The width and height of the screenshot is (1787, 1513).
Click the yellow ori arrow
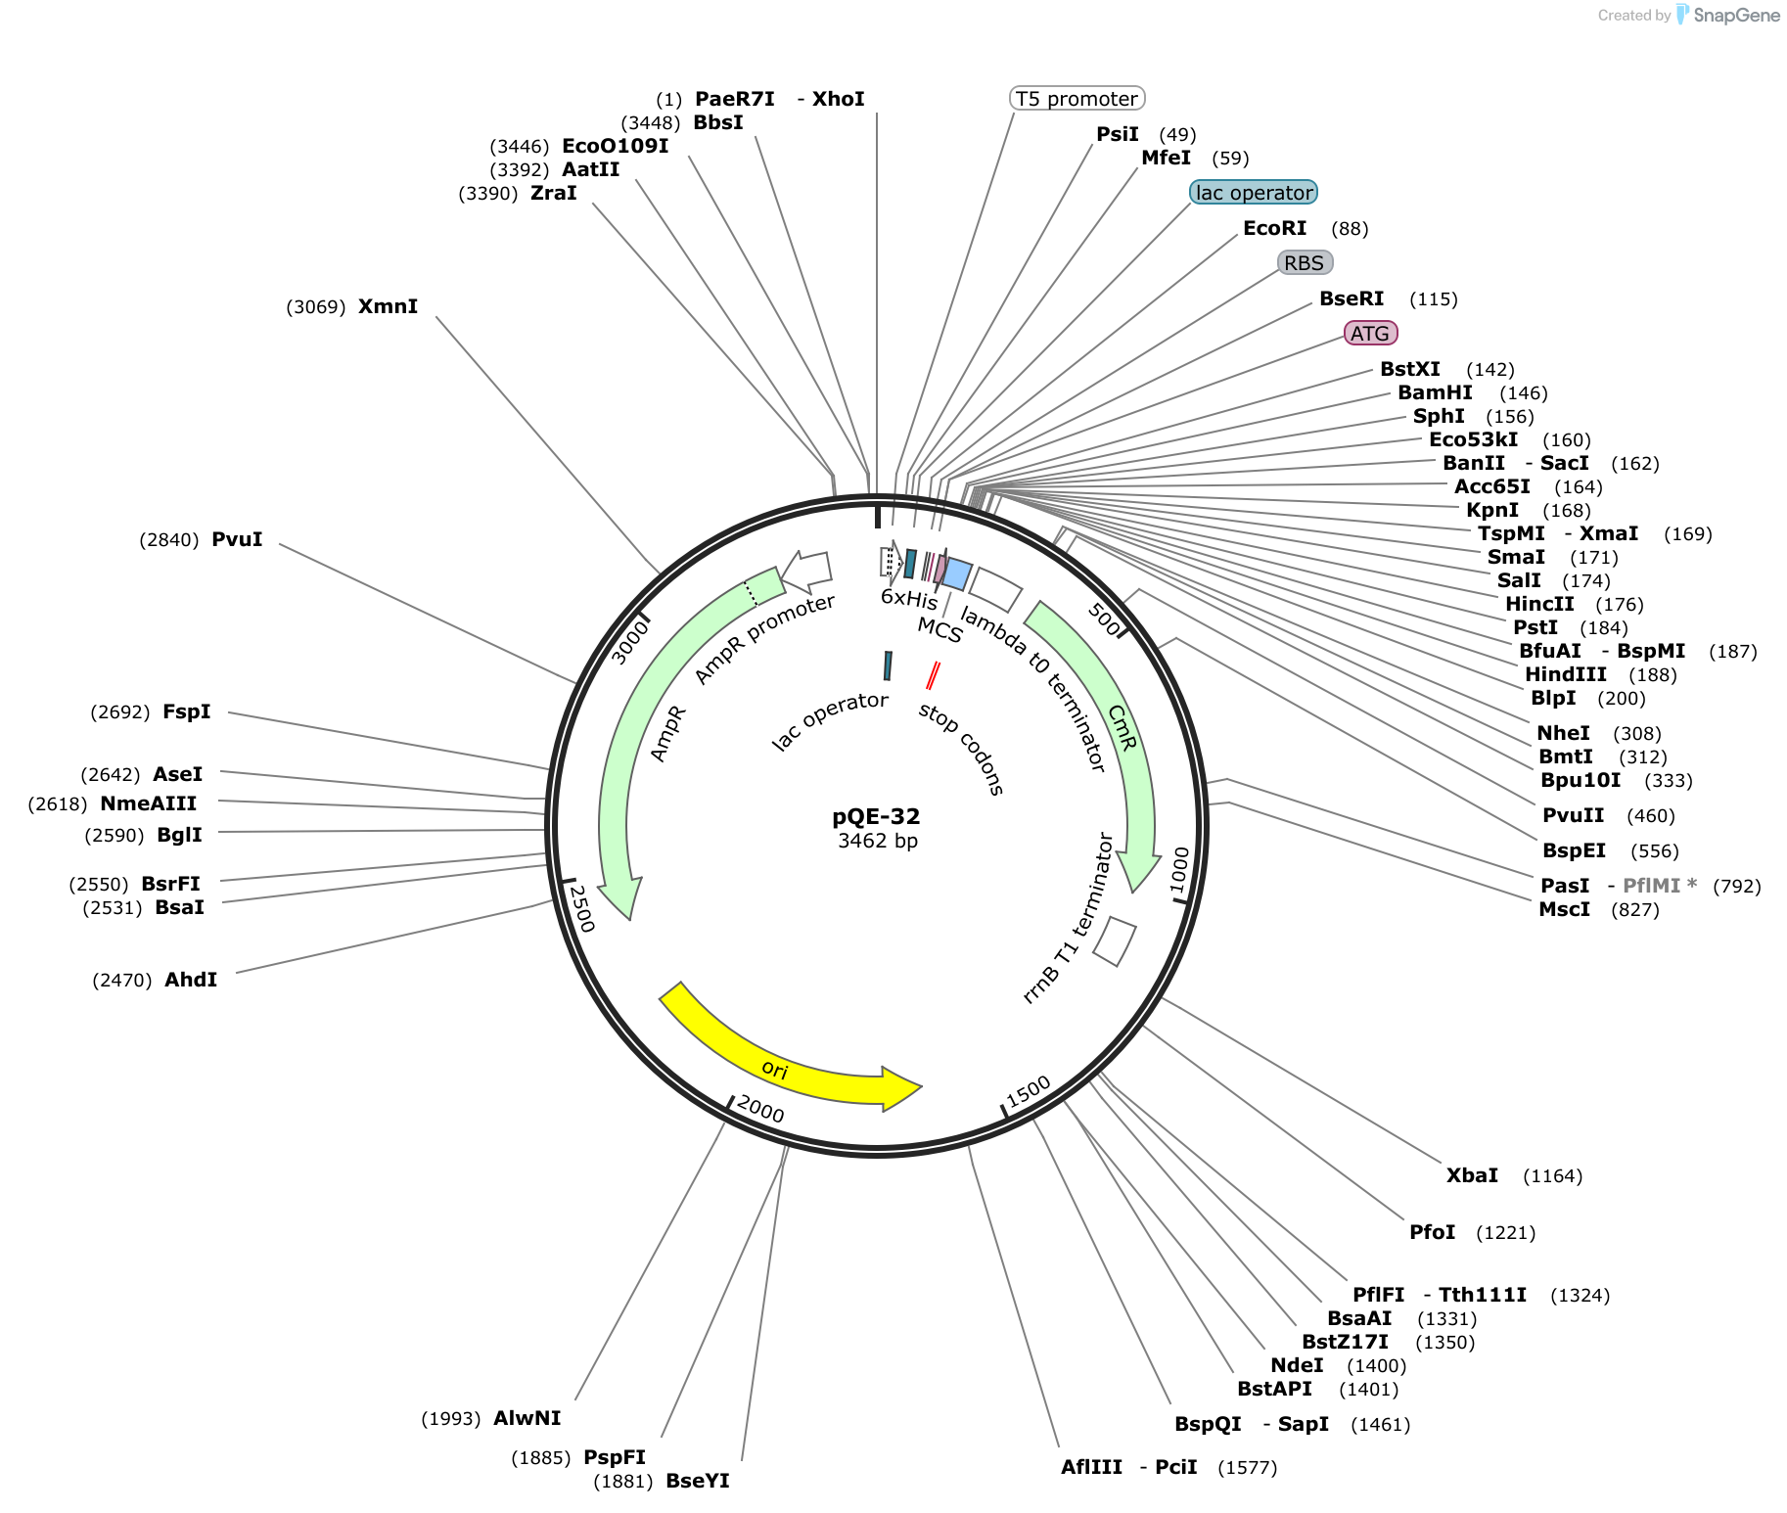[783, 1067]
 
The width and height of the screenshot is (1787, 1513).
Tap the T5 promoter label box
[1077, 99]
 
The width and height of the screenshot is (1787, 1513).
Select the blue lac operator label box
[1254, 193]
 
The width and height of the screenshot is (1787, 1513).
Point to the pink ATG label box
[1370, 334]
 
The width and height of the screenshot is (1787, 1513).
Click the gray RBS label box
[1306, 263]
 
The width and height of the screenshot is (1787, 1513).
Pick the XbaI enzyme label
[1472, 1175]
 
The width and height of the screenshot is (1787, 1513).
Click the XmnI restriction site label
[388, 306]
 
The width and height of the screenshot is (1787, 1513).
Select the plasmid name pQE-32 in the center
[876, 816]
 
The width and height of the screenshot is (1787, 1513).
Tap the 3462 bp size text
[878, 841]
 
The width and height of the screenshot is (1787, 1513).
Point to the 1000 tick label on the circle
[1179, 869]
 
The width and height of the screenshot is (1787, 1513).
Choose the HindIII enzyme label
[1566, 674]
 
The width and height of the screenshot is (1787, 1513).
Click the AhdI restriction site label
[191, 980]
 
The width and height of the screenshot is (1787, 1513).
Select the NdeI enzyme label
[1297, 1365]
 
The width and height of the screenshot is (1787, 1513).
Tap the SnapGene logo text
[1737, 15]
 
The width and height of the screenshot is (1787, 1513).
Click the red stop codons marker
[934, 675]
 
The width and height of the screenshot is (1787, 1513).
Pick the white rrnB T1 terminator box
[1115, 941]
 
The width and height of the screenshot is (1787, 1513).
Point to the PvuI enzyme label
[237, 539]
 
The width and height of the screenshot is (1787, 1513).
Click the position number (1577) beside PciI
[1248, 1467]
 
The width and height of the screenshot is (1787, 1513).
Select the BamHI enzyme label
[1435, 392]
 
